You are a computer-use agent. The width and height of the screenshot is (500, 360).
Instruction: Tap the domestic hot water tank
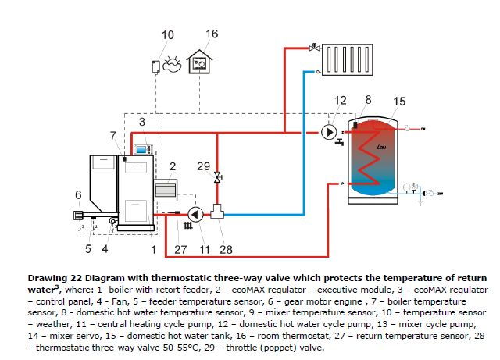[x=380, y=156]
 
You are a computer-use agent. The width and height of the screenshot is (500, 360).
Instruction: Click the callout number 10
[x=169, y=35]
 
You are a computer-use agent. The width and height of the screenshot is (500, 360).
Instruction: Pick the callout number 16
[x=212, y=34]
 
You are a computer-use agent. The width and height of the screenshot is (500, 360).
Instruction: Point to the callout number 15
[x=399, y=102]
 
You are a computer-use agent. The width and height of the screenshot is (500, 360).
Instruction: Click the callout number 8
[x=368, y=100]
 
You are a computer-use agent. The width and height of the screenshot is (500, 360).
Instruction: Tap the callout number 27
[x=181, y=250]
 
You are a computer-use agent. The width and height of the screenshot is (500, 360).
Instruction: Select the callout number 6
[x=78, y=194]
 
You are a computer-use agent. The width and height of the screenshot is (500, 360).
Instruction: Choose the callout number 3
[x=141, y=123]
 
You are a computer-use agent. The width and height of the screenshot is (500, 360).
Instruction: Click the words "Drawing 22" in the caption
[x=55, y=278]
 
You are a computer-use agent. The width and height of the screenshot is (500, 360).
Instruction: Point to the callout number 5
[x=88, y=249]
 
